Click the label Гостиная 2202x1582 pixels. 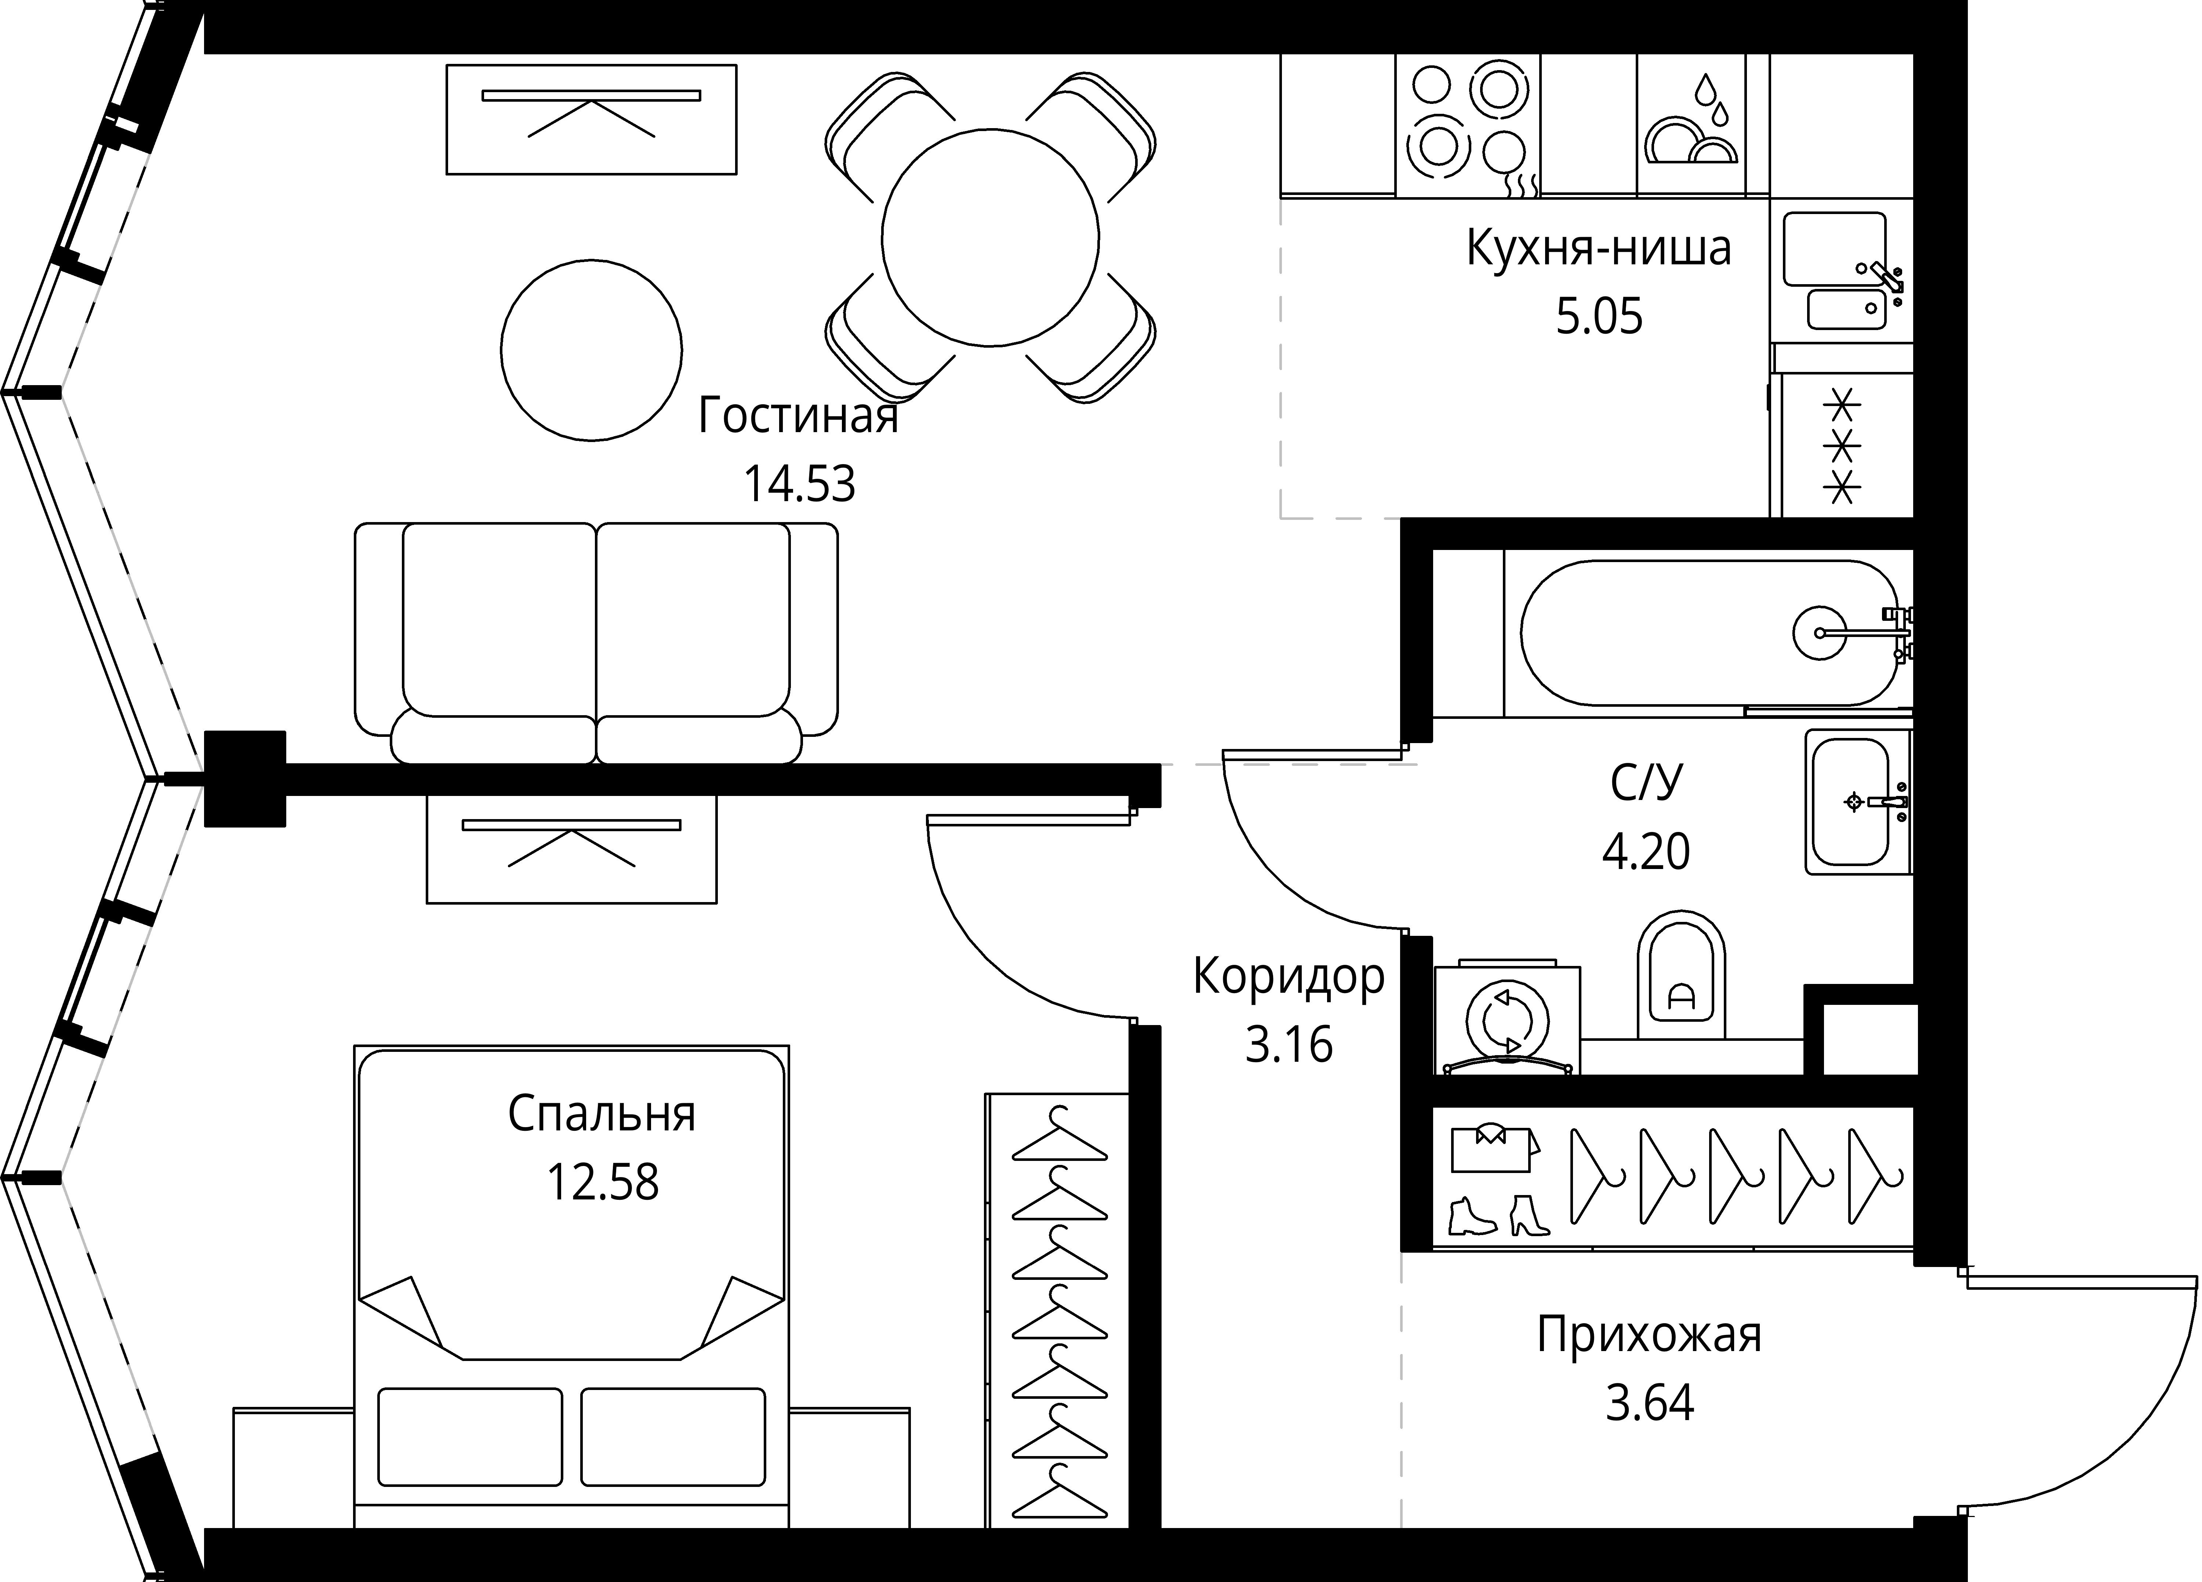pyautogui.click(x=798, y=417)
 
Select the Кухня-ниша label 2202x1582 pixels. pyautogui.click(x=1598, y=249)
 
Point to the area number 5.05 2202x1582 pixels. pyautogui.click(x=1599, y=316)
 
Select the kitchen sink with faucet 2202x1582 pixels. pyautogui.click(x=1843, y=272)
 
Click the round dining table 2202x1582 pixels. pyautogui.click(x=990, y=237)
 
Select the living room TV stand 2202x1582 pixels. pyautogui.click(x=591, y=119)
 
